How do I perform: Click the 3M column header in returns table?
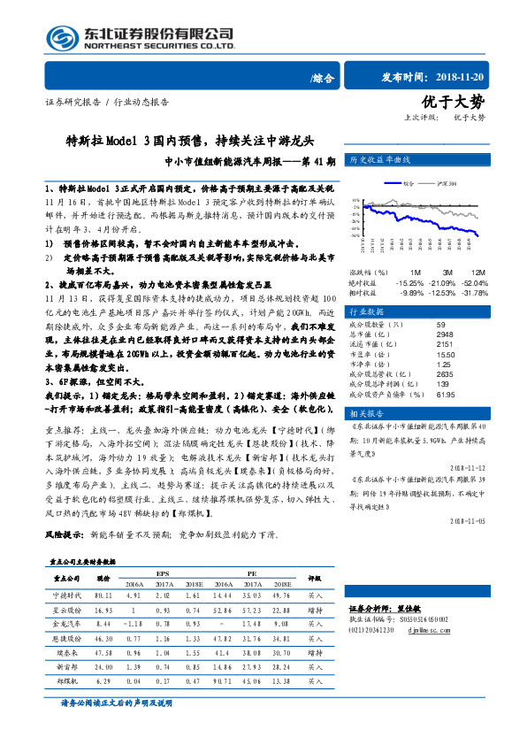447,273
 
